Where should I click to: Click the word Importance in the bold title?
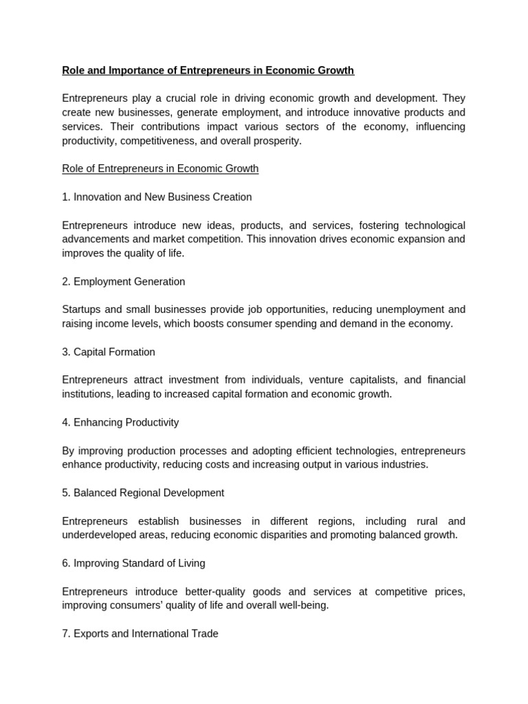136,70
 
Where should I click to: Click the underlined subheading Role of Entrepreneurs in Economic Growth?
160,168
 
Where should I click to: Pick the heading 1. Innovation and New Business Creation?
157,197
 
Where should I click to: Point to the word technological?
430,225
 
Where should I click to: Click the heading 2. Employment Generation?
124,281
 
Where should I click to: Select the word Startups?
83,309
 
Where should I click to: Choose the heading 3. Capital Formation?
109,351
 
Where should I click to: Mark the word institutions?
87,394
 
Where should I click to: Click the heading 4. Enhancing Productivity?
120,422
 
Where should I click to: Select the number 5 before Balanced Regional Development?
65,492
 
